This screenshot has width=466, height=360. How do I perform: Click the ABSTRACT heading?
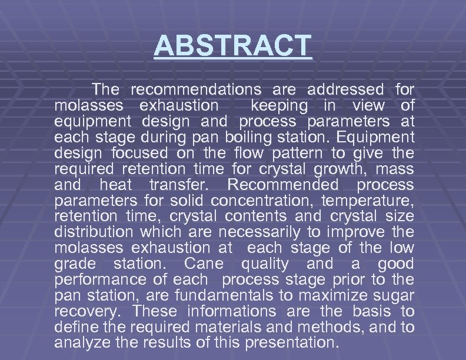click(232, 45)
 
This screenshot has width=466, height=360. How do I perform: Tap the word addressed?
click(345, 90)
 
